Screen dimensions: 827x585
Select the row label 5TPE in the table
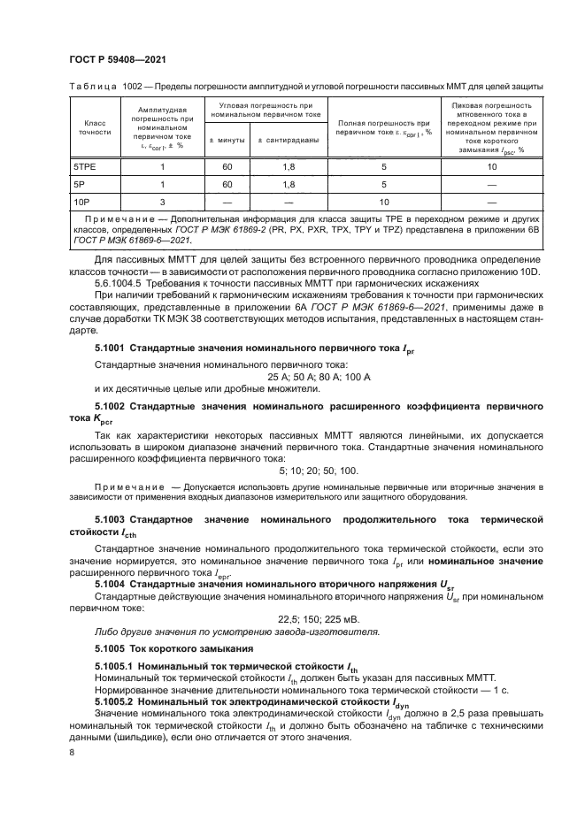point(85,166)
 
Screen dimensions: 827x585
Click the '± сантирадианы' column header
point(289,141)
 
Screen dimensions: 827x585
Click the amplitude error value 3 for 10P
point(162,202)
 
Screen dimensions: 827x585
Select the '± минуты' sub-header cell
point(227,141)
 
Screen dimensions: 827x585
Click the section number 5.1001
point(111,350)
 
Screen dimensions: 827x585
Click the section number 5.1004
point(111,584)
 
